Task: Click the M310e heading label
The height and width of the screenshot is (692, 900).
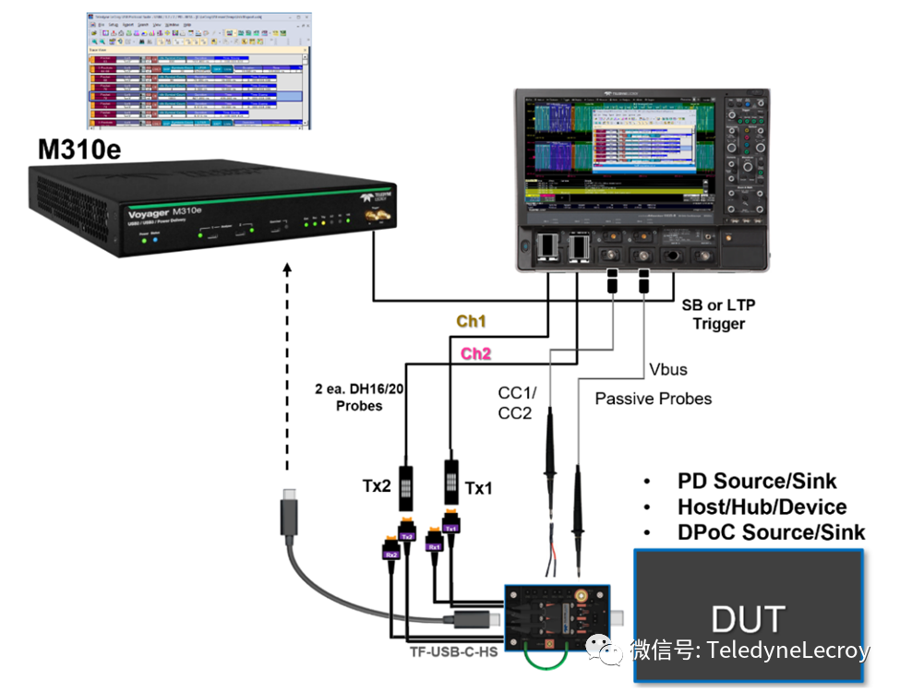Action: pos(78,149)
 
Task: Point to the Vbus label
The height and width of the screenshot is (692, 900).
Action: pos(666,369)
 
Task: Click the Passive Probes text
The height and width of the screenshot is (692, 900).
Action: pos(653,399)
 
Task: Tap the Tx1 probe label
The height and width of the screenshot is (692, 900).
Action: pos(478,486)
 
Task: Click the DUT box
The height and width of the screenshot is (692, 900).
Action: pos(748,618)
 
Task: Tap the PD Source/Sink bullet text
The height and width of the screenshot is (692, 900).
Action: pos(757,481)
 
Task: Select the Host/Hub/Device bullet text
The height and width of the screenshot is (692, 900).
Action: pos(762,507)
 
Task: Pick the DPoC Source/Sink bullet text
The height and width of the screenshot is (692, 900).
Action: pos(771,532)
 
